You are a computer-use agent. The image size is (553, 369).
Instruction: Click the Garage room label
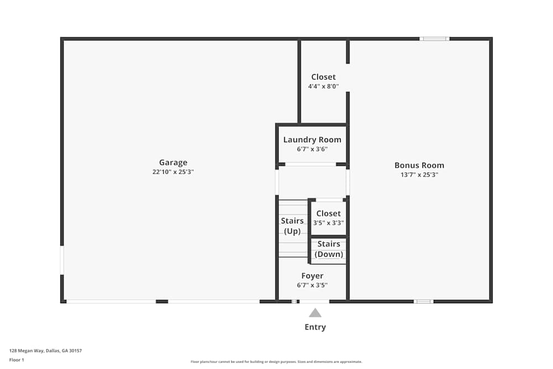point(173,162)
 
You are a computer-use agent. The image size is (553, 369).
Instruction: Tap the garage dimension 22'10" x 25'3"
point(173,171)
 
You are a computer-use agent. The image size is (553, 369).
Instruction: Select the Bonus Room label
point(419,165)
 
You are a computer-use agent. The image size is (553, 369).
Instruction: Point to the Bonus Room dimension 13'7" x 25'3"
point(419,174)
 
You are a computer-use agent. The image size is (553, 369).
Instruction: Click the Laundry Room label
point(312,139)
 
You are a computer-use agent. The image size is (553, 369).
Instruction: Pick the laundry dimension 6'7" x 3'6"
point(312,149)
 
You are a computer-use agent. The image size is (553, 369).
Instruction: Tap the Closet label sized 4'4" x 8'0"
point(324,77)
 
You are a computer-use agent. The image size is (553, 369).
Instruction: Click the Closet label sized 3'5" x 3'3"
point(328,213)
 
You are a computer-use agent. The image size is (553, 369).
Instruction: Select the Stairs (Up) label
point(293,226)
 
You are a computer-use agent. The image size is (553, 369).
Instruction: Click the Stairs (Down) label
point(329,249)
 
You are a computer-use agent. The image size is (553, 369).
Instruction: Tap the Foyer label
point(312,276)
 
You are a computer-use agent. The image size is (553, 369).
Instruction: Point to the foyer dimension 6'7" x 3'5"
point(312,285)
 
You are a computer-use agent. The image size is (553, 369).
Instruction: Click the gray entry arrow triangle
point(315,313)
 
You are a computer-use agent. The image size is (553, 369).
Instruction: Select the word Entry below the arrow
point(315,327)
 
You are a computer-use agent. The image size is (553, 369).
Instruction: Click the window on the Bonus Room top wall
point(434,39)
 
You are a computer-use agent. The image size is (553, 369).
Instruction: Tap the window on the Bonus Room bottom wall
point(424,302)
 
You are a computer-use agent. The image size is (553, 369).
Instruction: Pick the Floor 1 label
point(17,360)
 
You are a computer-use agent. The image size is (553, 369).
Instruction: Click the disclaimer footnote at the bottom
point(276,362)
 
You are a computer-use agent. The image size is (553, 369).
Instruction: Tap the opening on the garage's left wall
point(62,260)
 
